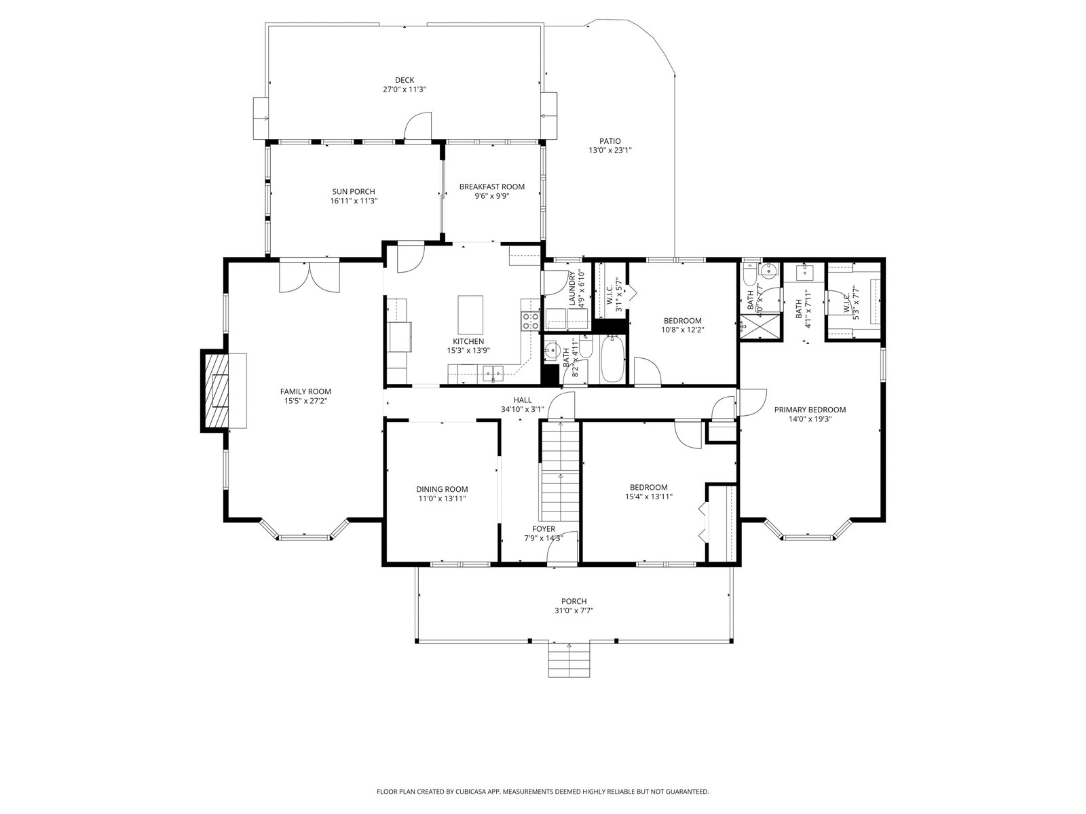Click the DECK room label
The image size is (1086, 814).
pos(405,80)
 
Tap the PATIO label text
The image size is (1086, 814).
pos(610,141)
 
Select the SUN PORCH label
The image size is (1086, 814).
pos(353,192)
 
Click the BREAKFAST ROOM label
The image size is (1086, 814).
pos(491,187)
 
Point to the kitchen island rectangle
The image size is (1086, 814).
pos(470,315)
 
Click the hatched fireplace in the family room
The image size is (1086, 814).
pos(214,391)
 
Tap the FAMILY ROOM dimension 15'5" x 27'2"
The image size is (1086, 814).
pos(305,402)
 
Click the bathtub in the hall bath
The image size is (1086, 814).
pos(612,359)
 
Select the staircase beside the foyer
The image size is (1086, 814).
pos(560,471)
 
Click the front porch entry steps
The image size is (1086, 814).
pos(569,659)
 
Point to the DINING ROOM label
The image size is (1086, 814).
pos(442,489)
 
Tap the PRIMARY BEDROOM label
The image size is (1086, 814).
pos(810,410)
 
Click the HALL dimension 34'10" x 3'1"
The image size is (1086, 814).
pos(523,409)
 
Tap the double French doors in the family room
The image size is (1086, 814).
pos(310,276)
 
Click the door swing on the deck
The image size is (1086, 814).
pos(418,126)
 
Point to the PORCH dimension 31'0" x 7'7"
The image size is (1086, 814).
pos(574,610)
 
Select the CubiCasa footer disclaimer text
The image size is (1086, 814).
pos(543,791)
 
